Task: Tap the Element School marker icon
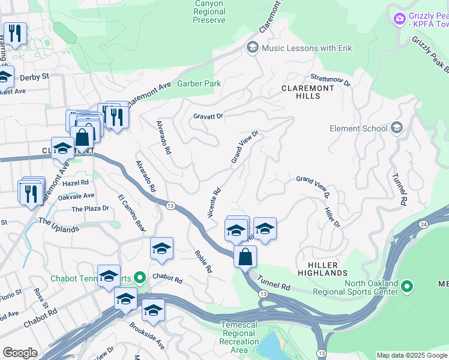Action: [x=396, y=128]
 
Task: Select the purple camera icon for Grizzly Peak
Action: [x=399, y=20]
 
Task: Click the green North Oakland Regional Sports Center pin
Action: [x=408, y=286]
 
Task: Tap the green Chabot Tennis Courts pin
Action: [x=140, y=278]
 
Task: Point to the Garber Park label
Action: [x=199, y=84]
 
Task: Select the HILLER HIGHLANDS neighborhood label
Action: [x=322, y=269]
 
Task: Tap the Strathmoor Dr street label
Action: [x=330, y=80]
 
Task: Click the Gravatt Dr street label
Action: [x=208, y=116]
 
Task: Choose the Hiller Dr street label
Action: [x=332, y=217]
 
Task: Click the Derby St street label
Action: [x=34, y=77]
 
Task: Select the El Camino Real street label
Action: [x=131, y=213]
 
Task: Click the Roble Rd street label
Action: [x=203, y=262]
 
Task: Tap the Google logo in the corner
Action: [x=20, y=353]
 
